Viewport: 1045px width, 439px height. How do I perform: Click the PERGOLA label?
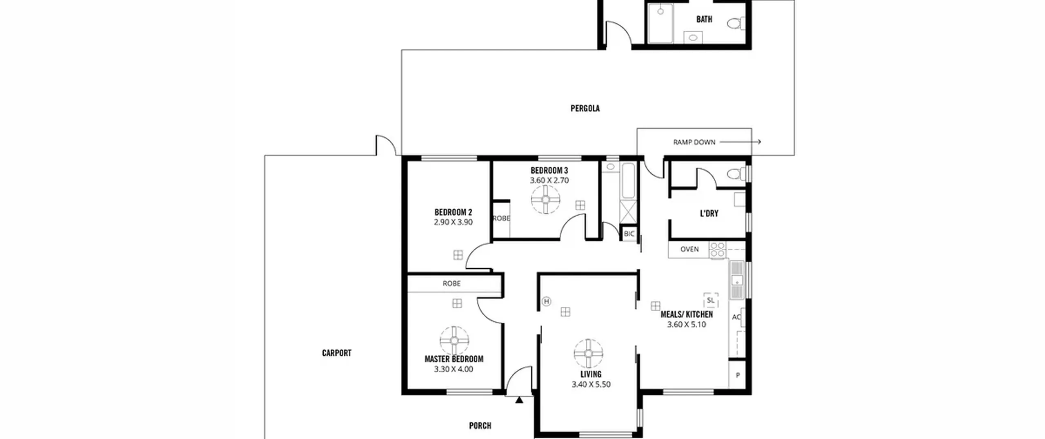coord(585,108)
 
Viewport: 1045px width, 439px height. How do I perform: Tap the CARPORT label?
coord(336,353)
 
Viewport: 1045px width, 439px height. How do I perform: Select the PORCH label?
coord(480,426)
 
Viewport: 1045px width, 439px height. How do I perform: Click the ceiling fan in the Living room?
coord(588,353)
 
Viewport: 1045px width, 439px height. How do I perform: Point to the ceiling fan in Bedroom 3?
coord(546,199)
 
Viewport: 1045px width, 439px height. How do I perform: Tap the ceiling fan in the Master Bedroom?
coord(454,341)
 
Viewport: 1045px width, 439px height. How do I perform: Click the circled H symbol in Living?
coord(547,301)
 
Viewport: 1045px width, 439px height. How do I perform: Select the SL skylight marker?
coord(711,300)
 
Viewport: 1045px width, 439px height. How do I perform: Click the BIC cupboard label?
coord(629,234)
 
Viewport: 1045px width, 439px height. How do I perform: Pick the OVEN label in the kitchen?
coord(689,249)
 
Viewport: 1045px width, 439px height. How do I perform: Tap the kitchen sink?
coord(737,280)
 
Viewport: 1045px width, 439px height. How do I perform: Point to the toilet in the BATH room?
coord(736,23)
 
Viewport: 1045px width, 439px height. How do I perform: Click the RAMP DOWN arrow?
coord(740,142)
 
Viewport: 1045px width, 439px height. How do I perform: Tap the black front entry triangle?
coord(519,400)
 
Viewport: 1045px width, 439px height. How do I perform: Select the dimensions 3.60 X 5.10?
coord(687,325)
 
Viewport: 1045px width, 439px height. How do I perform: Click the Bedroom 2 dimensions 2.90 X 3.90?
coord(453,222)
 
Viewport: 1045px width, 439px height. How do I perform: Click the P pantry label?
coord(738,375)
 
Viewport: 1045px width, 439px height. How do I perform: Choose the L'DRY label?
coord(709,213)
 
